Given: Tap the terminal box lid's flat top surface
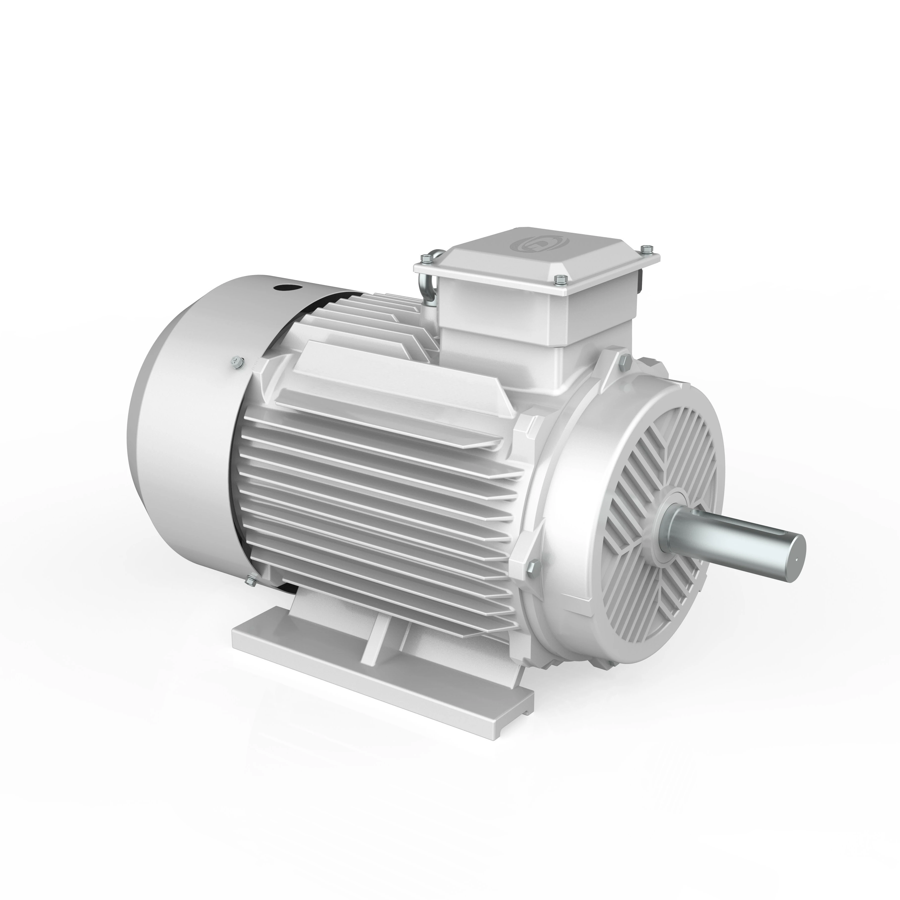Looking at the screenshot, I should coord(536,261).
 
